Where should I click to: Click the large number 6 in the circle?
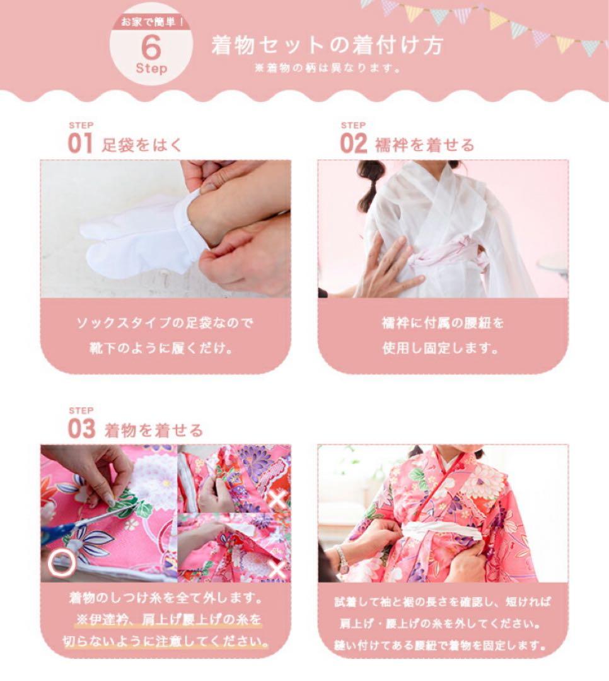(x=151, y=48)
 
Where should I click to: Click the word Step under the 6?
(x=151, y=68)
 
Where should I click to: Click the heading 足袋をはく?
(x=142, y=144)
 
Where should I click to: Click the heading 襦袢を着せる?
(x=424, y=145)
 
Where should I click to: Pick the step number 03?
(x=81, y=429)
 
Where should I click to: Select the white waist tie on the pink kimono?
(x=441, y=531)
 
